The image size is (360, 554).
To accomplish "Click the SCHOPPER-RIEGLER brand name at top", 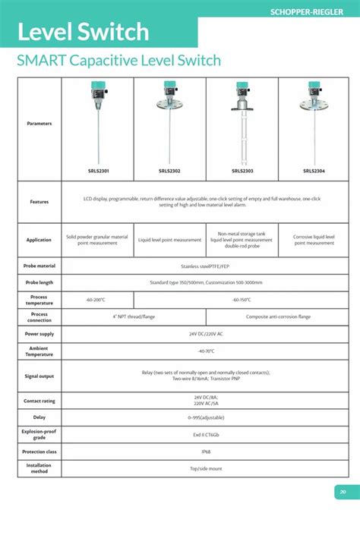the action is pyautogui.click(x=312, y=11).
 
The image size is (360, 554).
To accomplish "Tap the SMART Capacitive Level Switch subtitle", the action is pyautogui.click(x=118, y=61).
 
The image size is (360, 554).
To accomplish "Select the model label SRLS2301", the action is pyautogui.click(x=98, y=171).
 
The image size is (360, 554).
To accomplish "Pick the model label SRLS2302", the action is pyautogui.click(x=169, y=171).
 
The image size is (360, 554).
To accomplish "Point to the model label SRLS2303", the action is pyautogui.click(x=242, y=171).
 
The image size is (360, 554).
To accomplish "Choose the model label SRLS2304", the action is pyautogui.click(x=314, y=171).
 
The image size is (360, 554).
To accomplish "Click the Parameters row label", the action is pyautogui.click(x=39, y=123).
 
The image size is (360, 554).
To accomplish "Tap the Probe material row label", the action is pyautogui.click(x=39, y=266).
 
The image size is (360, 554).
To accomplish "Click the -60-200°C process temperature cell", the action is pyautogui.click(x=97, y=300).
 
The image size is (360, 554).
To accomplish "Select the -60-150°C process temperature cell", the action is pyautogui.click(x=242, y=300).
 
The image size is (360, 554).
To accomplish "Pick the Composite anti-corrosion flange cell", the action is pyautogui.click(x=277, y=316).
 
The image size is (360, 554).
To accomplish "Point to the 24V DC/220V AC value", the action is pyautogui.click(x=206, y=333).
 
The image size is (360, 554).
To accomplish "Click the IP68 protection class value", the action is pyautogui.click(x=206, y=452).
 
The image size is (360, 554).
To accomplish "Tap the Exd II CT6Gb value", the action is pyautogui.click(x=206, y=435).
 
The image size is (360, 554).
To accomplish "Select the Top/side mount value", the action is pyautogui.click(x=206, y=468).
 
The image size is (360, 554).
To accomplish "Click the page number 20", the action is pyautogui.click(x=343, y=492).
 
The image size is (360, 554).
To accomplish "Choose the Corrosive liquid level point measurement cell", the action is pyautogui.click(x=314, y=240).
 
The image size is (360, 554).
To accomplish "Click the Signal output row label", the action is pyautogui.click(x=39, y=376).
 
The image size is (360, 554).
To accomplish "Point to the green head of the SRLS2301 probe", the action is pyautogui.click(x=98, y=87).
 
